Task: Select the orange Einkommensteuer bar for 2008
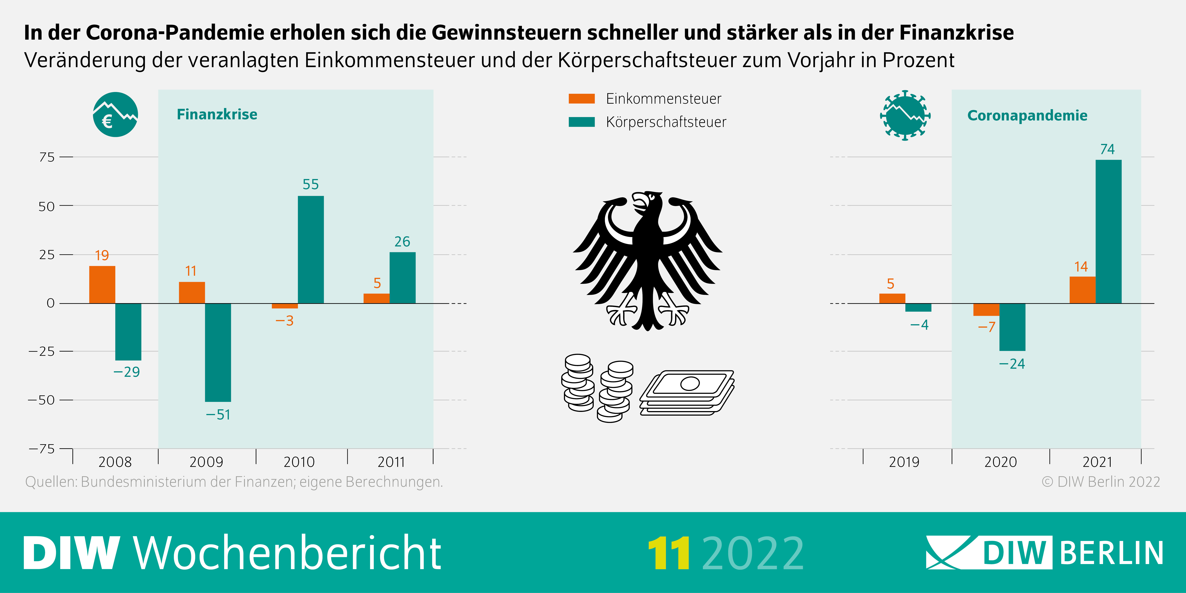[102, 284]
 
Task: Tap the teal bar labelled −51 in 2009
[218, 352]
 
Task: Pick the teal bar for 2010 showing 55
[311, 250]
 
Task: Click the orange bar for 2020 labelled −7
[986, 309]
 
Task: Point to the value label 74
[1107, 149]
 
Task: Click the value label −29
[127, 372]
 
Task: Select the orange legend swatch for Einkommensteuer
[581, 98]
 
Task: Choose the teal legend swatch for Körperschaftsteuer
[581, 122]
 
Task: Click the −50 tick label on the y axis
[41, 400]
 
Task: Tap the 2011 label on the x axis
[391, 462]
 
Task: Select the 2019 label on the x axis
[904, 462]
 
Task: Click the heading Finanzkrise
[217, 114]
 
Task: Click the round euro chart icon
[115, 115]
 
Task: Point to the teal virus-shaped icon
[905, 115]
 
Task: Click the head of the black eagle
[647, 203]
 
